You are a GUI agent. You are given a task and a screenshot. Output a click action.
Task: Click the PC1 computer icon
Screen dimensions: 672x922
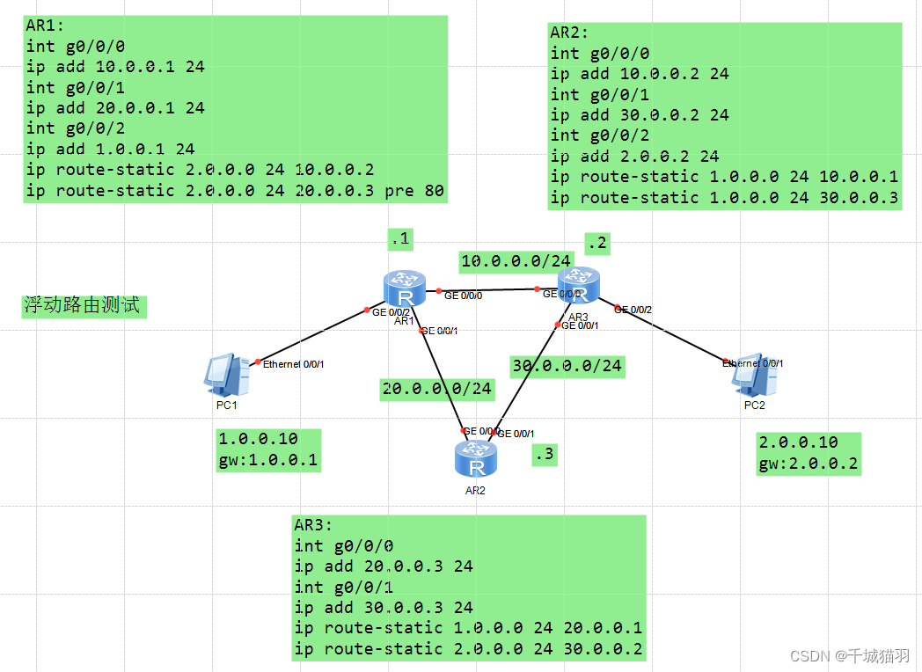[221, 374]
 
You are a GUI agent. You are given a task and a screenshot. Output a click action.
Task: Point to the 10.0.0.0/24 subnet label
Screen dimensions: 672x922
[516, 260]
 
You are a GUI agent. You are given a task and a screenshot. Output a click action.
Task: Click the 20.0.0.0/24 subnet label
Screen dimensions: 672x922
[436, 389]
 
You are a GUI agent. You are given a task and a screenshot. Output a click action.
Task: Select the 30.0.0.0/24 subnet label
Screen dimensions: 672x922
[567, 366]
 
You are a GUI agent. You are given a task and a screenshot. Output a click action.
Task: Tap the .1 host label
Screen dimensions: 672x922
[400, 238]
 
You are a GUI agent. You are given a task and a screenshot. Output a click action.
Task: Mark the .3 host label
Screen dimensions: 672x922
[545, 454]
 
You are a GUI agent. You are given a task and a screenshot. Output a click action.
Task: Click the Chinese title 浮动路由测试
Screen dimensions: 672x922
[81, 306]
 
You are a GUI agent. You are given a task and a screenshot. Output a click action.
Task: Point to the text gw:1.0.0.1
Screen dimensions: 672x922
[267, 459]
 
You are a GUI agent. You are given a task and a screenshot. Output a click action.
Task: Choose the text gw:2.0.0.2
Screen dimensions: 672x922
[809, 464]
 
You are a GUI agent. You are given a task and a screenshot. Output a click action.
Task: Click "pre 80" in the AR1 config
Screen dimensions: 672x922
[414, 190]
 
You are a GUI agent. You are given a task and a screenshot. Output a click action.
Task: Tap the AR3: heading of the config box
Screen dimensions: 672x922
[314, 525]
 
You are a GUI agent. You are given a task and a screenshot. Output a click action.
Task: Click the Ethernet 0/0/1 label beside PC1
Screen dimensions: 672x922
[295, 363]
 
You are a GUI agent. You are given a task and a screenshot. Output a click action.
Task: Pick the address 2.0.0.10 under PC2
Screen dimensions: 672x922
[798, 442]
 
